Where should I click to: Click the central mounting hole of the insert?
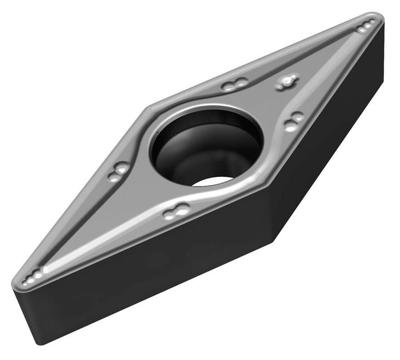point(205,147)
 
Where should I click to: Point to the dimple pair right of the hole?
point(296,120)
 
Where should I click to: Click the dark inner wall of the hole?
point(175,160)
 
